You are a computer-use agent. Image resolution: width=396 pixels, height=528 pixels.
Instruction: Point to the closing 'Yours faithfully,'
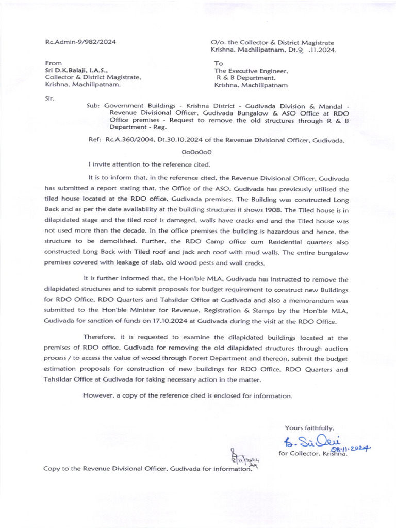point(309,427)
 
